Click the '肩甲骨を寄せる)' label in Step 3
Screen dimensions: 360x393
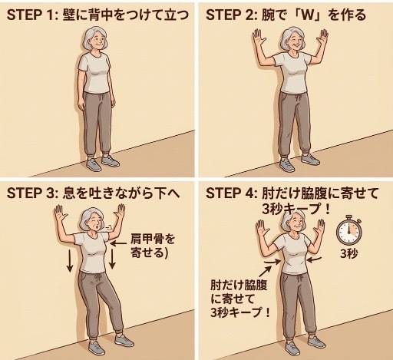pos(153,243)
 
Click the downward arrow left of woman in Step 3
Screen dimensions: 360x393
pos(70,260)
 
